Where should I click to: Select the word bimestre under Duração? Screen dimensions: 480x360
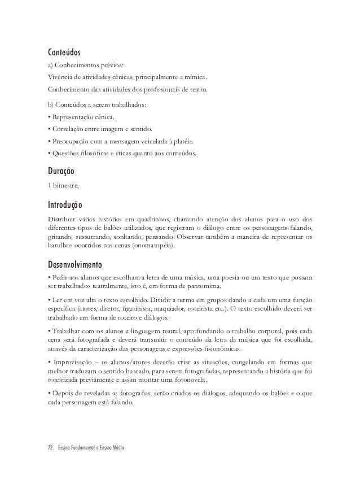click(x=62, y=185)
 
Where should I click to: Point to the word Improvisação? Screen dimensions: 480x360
click(x=72, y=360)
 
